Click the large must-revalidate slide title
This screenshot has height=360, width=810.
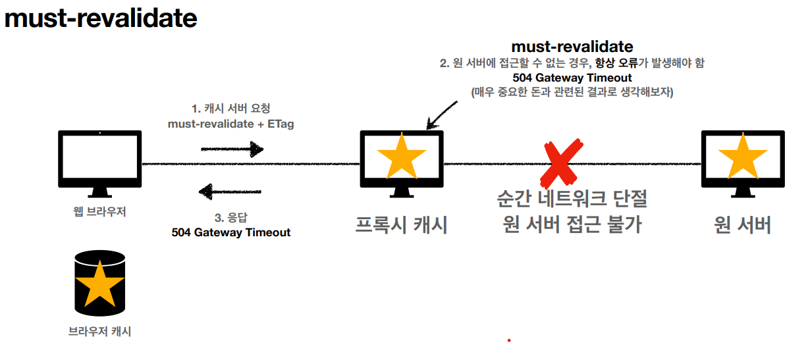[x=101, y=18]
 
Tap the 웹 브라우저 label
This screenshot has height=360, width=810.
[x=99, y=212]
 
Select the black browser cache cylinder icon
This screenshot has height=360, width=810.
[x=99, y=282]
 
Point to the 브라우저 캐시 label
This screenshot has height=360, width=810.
[x=99, y=332]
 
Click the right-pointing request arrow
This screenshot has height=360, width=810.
[x=232, y=149]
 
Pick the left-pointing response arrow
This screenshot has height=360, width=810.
[x=231, y=192]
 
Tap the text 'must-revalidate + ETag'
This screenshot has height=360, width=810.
[x=230, y=123]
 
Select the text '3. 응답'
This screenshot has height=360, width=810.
[x=230, y=218]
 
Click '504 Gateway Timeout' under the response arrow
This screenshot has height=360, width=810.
[x=230, y=232]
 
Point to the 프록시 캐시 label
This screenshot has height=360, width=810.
[x=402, y=225]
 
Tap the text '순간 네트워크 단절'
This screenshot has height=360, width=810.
[x=572, y=199]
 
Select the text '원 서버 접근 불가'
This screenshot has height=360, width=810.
[x=572, y=225]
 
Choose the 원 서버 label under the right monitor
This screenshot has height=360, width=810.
[x=742, y=225]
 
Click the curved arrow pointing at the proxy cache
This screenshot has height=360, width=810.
[x=441, y=113]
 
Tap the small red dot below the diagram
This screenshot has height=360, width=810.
[x=509, y=340]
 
